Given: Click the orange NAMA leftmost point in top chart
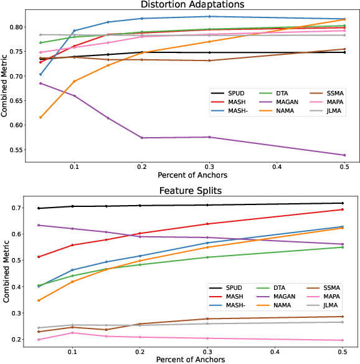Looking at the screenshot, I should (x=40, y=117).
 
